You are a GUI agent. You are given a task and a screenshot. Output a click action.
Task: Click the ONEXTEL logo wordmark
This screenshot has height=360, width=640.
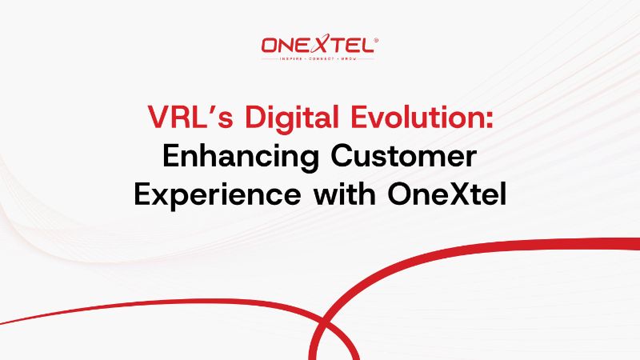[318, 46]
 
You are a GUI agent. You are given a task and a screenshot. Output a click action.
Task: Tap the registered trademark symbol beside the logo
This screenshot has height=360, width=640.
[376, 39]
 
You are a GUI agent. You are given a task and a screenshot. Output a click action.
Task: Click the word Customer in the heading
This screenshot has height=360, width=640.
[407, 156]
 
